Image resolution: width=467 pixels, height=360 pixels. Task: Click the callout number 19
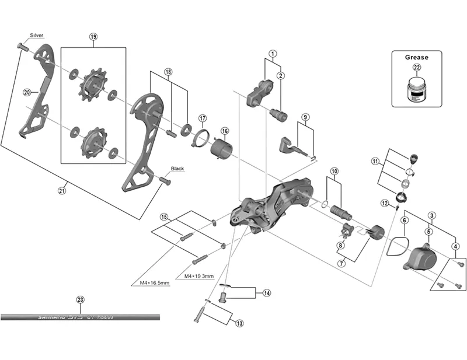[93, 37]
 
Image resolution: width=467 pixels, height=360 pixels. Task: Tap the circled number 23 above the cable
[81, 300]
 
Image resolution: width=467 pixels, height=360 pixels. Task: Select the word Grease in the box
[416, 57]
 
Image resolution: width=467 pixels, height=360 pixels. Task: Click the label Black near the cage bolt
[177, 169]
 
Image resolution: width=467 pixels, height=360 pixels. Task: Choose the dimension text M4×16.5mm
[155, 283]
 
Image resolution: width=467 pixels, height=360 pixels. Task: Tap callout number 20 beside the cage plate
[27, 92]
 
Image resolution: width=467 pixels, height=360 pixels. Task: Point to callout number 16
[225, 131]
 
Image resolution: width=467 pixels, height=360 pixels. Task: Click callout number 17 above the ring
[203, 118]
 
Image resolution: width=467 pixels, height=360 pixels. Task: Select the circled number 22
[416, 68]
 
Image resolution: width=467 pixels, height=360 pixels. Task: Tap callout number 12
[384, 202]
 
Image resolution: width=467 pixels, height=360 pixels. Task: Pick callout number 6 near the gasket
[403, 220]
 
